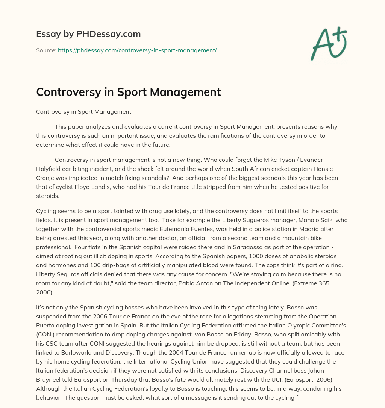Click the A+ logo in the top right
328,44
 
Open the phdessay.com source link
137,50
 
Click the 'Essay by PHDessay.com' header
88,34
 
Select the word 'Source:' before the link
46,50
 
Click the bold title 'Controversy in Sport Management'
128,92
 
